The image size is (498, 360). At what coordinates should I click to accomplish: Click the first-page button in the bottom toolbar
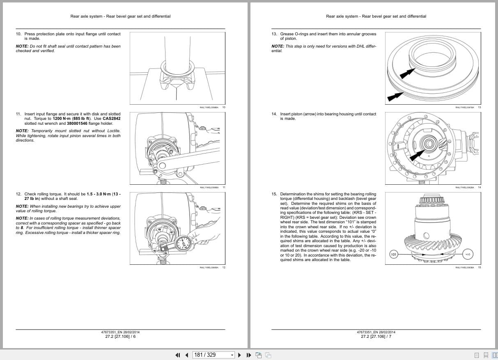178,355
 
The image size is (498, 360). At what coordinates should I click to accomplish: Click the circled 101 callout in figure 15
394,255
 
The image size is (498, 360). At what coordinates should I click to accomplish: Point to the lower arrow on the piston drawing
394,98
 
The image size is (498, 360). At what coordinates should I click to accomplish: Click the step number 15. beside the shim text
274,194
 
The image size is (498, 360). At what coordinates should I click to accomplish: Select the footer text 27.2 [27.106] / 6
120,337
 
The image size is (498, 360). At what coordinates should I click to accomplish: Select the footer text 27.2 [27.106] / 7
376,337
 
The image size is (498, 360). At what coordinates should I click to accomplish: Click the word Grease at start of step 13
287,34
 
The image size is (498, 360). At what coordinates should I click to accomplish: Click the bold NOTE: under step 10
22,46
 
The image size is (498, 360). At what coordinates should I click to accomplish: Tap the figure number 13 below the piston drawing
479,108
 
